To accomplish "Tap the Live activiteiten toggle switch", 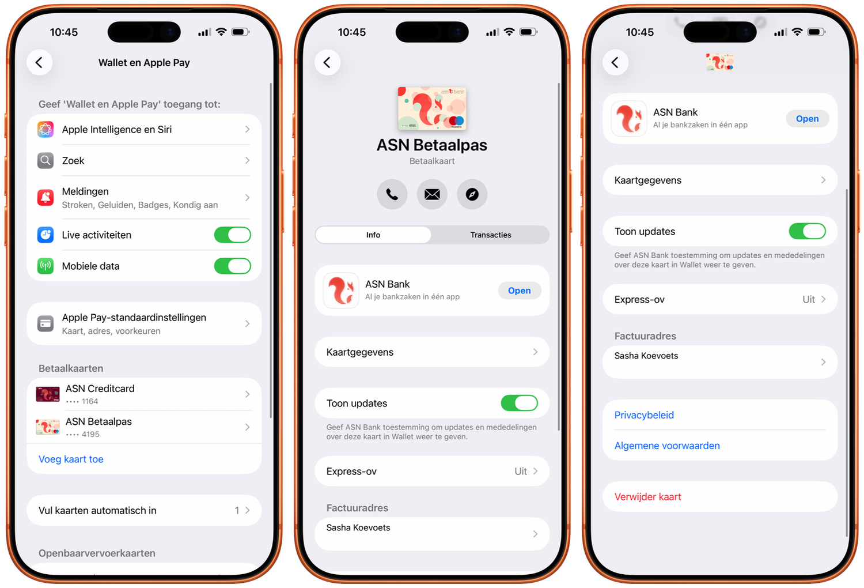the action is click(x=232, y=235).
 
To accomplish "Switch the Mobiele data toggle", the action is click(x=232, y=266).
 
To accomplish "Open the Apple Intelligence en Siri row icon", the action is click(x=45, y=129).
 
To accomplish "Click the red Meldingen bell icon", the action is click(x=45, y=198).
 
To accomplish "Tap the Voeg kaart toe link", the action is click(x=71, y=459).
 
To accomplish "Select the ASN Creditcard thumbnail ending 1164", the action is click(x=47, y=394).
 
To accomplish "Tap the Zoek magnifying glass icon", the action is click(x=45, y=160).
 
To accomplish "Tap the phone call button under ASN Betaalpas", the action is click(x=392, y=194).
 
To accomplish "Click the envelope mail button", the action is click(x=432, y=194).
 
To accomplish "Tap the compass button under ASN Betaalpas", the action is click(x=472, y=194).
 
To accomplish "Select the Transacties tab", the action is click(x=491, y=235).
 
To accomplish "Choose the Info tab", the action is click(x=373, y=235).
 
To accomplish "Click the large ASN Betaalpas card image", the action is click(x=432, y=108).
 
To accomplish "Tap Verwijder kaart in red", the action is click(x=647, y=496).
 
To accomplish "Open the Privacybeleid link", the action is click(x=644, y=415).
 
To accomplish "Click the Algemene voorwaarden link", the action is click(x=667, y=446).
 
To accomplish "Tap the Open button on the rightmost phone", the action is click(x=808, y=119).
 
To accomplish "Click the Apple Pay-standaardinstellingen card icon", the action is click(x=45, y=323).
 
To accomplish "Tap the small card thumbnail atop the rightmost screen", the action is click(x=720, y=62).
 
